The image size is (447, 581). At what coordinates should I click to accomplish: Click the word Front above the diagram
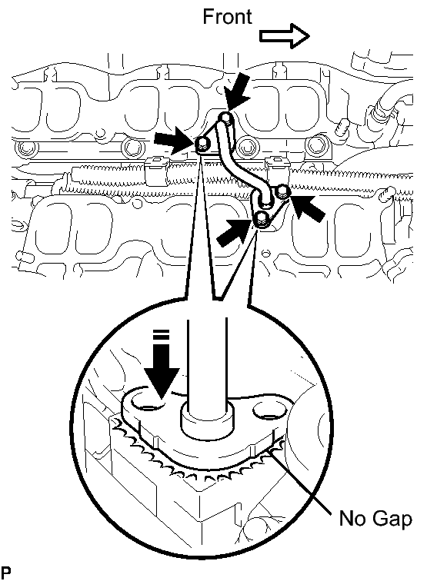[x=227, y=17]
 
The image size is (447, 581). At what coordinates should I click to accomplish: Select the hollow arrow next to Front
[x=284, y=36]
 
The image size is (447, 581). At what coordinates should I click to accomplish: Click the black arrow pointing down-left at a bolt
[x=239, y=91]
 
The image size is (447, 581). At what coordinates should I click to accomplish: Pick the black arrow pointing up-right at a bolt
[x=233, y=233]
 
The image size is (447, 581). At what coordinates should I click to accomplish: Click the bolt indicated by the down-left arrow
[x=226, y=118]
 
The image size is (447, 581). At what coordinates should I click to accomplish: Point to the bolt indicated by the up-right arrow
[x=262, y=219]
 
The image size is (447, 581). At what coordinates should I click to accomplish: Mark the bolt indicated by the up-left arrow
[x=283, y=191]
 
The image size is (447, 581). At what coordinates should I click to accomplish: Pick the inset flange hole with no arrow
[x=270, y=411]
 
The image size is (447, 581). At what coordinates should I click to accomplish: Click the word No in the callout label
[x=352, y=518]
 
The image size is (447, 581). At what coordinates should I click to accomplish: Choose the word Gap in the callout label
[x=391, y=519]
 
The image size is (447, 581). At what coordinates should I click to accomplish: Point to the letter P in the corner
[x=6, y=573]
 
